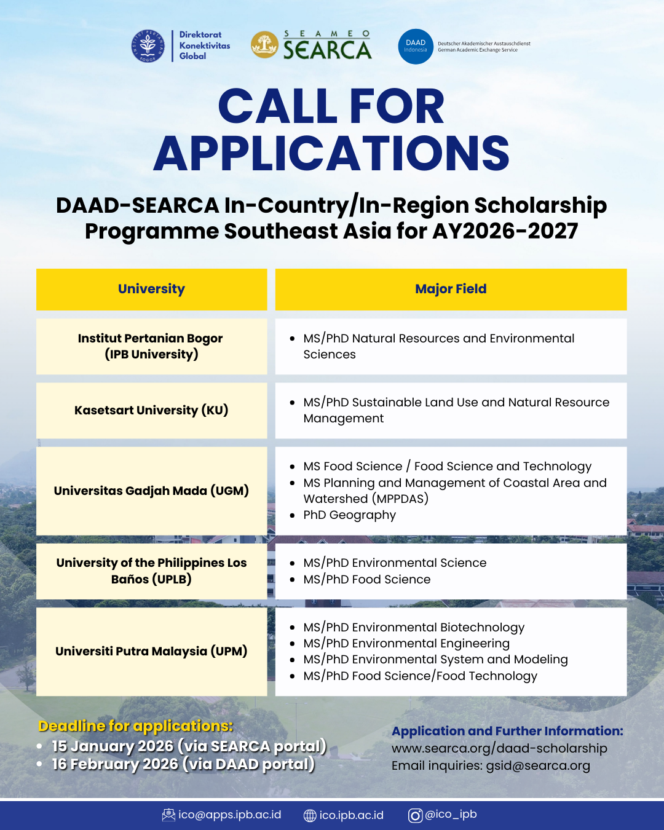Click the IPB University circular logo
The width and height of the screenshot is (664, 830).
[x=148, y=46]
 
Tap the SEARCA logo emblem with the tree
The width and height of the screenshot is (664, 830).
[x=264, y=45]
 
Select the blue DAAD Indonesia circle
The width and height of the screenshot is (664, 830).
[x=416, y=47]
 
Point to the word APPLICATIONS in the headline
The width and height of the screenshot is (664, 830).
[x=331, y=154]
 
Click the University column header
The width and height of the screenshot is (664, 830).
[x=151, y=289]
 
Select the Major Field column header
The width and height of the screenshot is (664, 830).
[x=451, y=289]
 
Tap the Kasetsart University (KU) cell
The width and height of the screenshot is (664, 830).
[x=151, y=410]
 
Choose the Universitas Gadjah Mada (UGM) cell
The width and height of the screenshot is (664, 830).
[x=151, y=491]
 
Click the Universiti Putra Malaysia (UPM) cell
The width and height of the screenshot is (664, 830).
[x=151, y=651]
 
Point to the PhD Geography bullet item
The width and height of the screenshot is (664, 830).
[x=349, y=515]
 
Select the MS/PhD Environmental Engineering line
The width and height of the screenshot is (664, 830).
[x=406, y=643]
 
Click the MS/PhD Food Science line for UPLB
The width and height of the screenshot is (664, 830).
[x=367, y=579]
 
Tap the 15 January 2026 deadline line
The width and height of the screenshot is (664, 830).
[x=189, y=746]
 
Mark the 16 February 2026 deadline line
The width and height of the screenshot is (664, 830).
[x=183, y=764]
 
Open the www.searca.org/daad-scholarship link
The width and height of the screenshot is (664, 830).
[x=499, y=748]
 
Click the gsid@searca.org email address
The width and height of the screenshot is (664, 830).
[x=538, y=765]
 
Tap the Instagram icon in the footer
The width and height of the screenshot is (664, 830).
[x=416, y=815]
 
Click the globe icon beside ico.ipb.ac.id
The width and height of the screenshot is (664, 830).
[x=310, y=815]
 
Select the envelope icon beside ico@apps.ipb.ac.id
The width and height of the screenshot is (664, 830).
[x=168, y=815]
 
